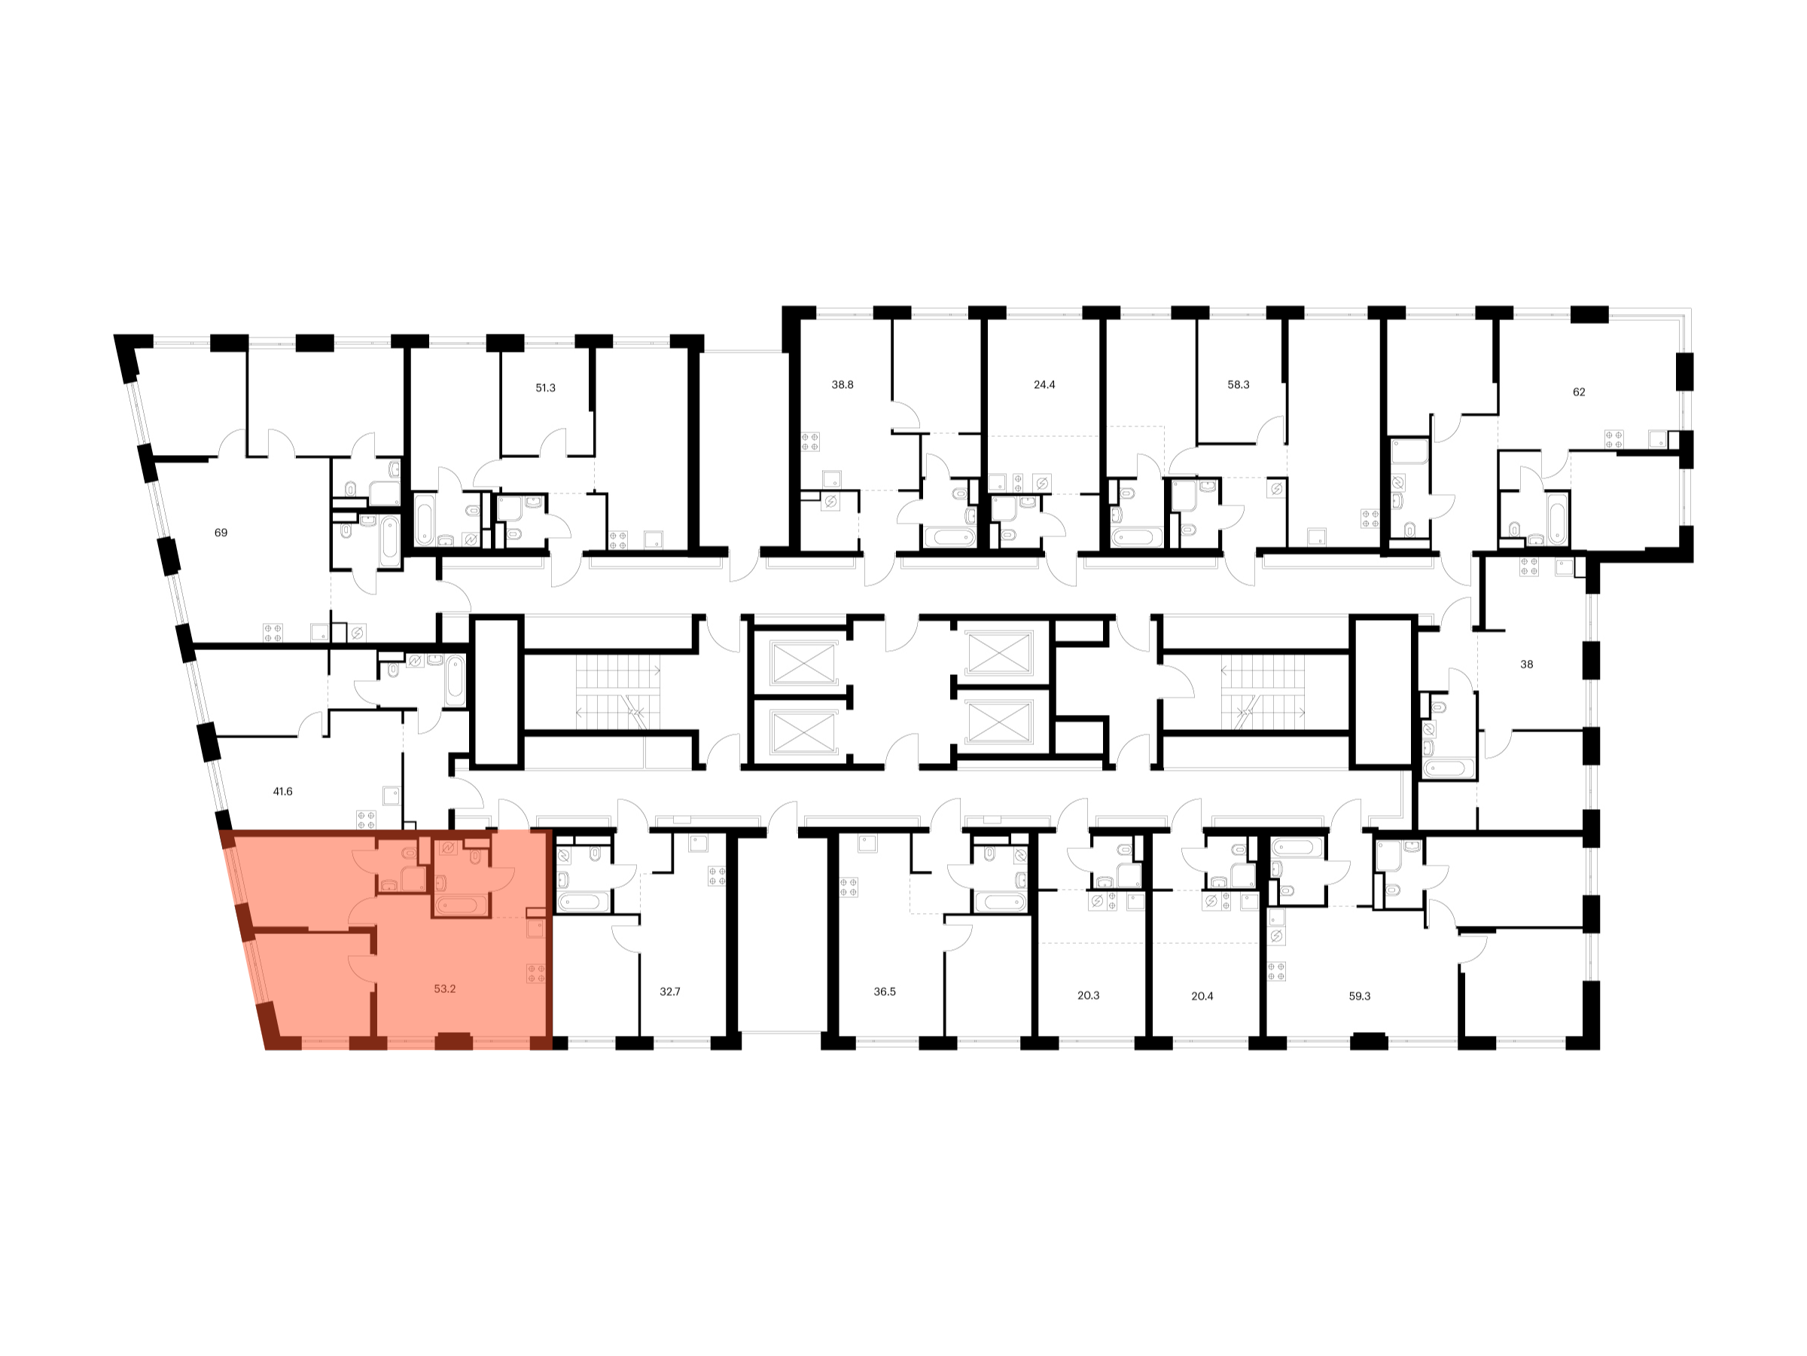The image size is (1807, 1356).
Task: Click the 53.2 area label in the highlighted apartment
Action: coord(444,988)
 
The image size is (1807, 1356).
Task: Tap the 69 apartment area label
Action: coord(221,532)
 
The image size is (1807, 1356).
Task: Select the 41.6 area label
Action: coord(282,791)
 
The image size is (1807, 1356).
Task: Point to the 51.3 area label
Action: coord(545,387)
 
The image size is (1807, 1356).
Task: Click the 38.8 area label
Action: coord(843,384)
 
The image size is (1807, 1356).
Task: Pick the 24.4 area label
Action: coord(1044,384)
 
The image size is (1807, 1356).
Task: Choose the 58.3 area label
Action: coord(1239,384)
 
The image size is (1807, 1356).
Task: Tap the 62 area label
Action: coord(1579,392)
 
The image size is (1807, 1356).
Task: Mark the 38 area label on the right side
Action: coord(1527,664)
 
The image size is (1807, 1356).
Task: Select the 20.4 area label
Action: coord(1202,997)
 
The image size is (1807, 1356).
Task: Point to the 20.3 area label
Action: coord(1088,997)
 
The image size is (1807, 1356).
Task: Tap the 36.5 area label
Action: coord(885,991)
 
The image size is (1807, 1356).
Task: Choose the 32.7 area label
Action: coord(670,991)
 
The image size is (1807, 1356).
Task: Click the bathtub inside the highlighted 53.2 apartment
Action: coord(461,905)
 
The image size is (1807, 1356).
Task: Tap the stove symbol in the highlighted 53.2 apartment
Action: coord(537,973)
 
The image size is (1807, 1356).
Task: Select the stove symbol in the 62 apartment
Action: coord(1614,439)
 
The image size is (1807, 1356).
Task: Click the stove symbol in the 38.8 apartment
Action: coord(809,442)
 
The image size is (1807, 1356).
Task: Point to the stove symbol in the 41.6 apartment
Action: coord(365,819)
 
